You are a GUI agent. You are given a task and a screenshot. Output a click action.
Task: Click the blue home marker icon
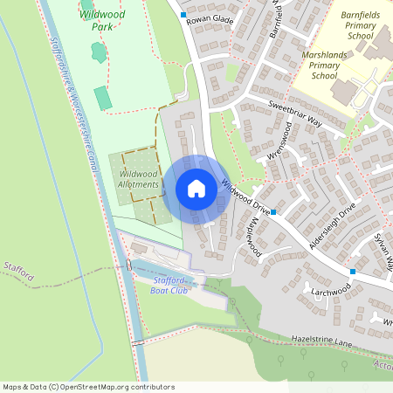[x=196, y=189]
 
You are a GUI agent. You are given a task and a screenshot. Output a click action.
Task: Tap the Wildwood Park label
[x=101, y=20]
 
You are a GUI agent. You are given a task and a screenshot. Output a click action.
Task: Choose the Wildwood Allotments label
[x=138, y=180]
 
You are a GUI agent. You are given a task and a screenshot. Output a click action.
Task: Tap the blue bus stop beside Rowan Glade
[x=183, y=16]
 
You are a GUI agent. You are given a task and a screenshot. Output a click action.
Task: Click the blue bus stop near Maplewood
[x=273, y=212]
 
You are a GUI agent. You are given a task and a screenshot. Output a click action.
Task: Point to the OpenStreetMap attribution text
[x=87, y=387]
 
